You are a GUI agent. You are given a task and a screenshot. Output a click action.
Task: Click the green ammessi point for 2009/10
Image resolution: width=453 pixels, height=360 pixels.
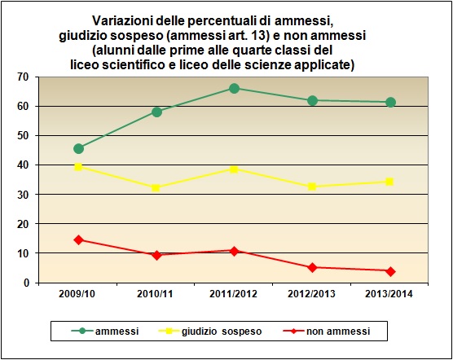coord(78,148)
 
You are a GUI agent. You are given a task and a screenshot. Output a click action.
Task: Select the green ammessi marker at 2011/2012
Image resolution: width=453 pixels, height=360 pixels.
coord(234,88)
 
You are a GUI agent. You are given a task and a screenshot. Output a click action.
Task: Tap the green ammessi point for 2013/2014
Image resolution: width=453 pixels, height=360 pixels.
coord(390,102)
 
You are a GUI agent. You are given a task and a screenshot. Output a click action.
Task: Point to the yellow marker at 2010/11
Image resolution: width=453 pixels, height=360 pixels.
coord(156,187)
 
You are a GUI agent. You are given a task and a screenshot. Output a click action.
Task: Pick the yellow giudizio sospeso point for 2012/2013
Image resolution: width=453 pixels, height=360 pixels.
coord(312,187)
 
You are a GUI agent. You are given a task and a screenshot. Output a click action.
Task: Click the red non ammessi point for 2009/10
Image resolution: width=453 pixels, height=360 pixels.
coord(78,239)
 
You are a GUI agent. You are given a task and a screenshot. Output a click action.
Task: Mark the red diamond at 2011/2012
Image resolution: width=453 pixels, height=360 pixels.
coord(234,251)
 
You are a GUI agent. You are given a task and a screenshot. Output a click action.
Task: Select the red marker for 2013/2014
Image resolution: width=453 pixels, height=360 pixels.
coord(390,271)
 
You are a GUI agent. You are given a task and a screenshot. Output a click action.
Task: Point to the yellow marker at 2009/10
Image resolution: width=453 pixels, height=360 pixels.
coord(78,167)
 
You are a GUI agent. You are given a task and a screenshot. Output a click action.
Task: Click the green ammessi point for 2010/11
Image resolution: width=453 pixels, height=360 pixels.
coord(156,112)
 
